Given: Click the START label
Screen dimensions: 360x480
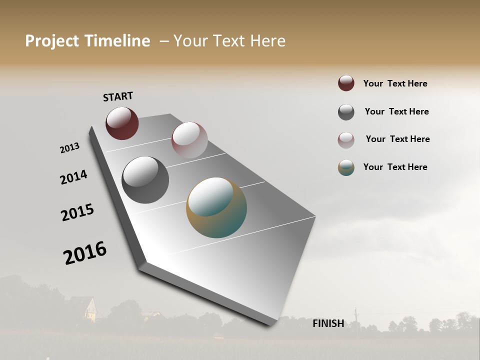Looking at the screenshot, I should click(x=118, y=96).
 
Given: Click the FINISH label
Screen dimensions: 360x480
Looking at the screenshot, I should click(x=328, y=323).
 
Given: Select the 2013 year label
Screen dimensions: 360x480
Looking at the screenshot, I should click(x=69, y=148).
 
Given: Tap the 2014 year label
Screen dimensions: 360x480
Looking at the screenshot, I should click(x=73, y=177).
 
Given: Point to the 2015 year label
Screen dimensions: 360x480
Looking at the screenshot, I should click(x=77, y=212).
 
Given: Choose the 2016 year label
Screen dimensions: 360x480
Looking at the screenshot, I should click(x=85, y=252).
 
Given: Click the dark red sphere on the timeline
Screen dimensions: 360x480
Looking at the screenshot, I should click(x=122, y=123).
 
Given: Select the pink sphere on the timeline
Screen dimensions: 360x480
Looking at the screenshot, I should click(x=189, y=139).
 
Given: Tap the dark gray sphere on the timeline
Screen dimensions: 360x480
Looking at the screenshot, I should click(x=145, y=179).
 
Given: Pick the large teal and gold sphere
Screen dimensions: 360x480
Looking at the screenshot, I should click(x=216, y=207).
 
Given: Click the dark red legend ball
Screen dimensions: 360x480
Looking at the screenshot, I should click(x=346, y=83).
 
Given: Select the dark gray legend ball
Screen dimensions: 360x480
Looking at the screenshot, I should click(x=346, y=112).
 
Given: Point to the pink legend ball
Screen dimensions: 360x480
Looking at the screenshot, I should click(x=346, y=140).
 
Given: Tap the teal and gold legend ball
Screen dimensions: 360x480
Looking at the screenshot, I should click(x=346, y=167).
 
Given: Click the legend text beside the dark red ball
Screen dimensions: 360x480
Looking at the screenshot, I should click(x=395, y=83).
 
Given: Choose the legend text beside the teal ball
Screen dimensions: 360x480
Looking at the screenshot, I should click(x=395, y=167).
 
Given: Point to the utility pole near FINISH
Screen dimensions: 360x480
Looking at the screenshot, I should click(x=355, y=317).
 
